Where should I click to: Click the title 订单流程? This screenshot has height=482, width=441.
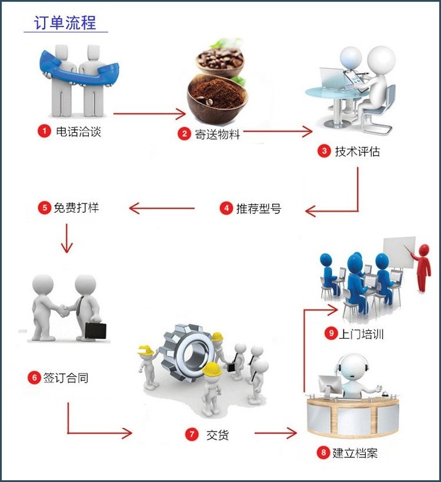coord(65,24)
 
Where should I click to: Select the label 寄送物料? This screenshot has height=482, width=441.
coord(218,134)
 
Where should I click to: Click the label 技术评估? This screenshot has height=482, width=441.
coord(358,152)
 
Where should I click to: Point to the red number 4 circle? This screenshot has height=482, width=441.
coord(226,208)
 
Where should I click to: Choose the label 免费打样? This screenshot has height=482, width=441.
coord(81,207)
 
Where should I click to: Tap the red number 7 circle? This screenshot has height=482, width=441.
coord(192,434)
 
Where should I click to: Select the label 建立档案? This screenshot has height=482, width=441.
coord(355,453)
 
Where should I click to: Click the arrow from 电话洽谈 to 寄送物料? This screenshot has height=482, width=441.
coord(149,114)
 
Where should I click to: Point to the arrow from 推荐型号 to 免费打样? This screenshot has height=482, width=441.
coord(162,207)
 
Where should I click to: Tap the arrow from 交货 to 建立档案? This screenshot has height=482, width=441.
coord(275,434)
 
